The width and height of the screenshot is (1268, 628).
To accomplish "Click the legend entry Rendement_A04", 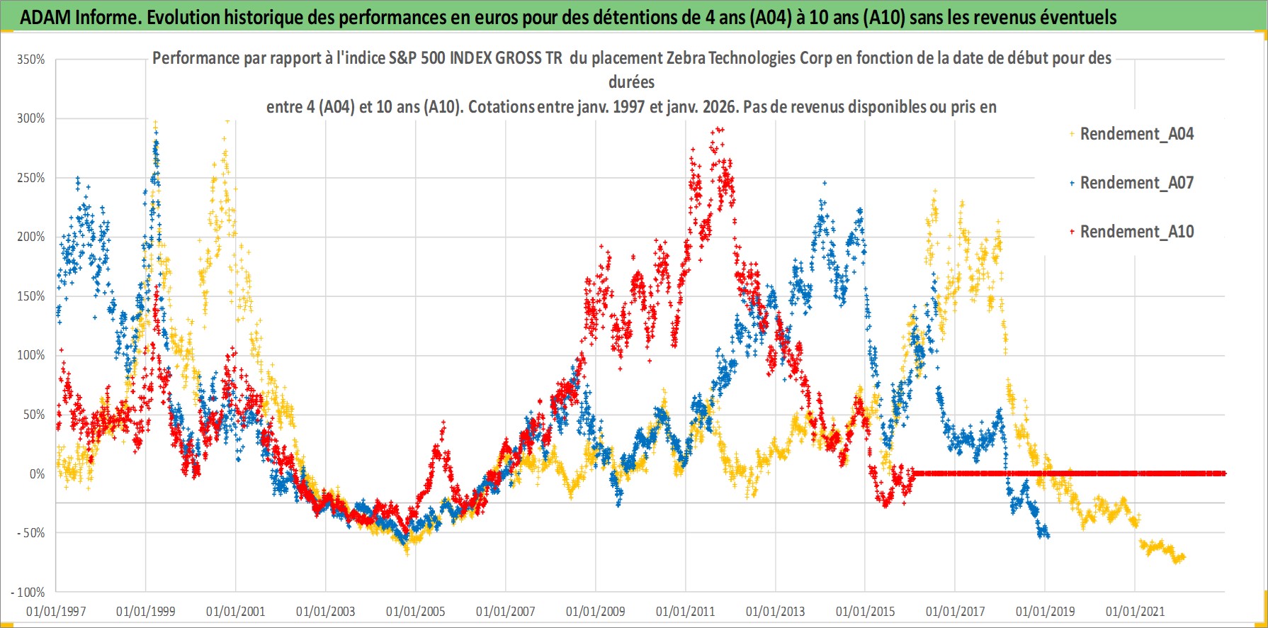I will tap(1136, 134).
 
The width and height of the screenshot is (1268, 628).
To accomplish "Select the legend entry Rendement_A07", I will tap(1136, 183).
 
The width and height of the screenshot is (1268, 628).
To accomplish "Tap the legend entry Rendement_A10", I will tap(1136, 232).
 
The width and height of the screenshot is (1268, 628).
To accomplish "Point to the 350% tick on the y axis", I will tap(31, 60).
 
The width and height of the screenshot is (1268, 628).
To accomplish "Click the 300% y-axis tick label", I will tap(31, 119).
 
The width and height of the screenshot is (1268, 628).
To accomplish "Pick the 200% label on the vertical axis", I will tap(31, 237).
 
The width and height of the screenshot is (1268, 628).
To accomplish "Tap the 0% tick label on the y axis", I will tap(37, 474).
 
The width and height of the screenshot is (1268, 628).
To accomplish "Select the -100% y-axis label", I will tap(28, 593).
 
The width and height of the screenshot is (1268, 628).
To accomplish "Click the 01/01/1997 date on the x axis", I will tap(56, 612).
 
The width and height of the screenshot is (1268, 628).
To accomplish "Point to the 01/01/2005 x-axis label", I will tap(416, 612).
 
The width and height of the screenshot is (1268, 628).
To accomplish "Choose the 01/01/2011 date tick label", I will tap(686, 612).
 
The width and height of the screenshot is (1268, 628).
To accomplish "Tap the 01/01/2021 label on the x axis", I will tap(1135, 612).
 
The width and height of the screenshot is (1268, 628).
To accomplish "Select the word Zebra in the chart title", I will tap(684, 58).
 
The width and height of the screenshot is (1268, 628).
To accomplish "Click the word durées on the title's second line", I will tap(631, 82).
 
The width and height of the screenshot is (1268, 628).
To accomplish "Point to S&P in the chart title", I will tap(403, 58).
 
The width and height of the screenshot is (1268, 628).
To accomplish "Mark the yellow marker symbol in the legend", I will tap(1072, 134).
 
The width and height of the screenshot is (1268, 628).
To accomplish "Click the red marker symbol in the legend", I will tap(1072, 232).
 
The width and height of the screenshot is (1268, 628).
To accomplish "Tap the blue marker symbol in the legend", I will tap(1072, 183).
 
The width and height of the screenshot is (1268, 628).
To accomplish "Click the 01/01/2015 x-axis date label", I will tap(866, 612).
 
